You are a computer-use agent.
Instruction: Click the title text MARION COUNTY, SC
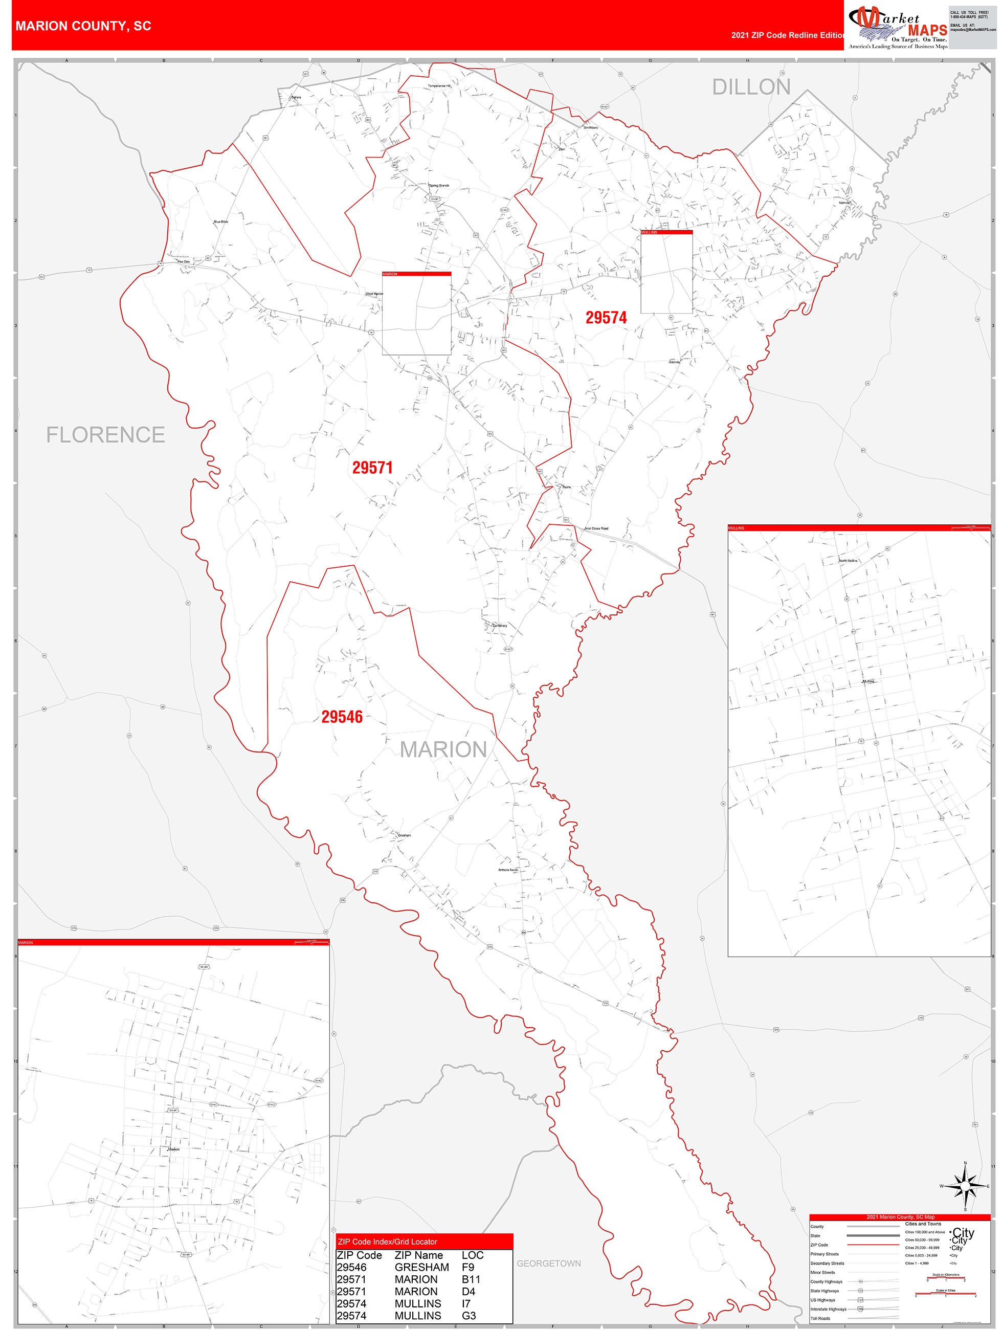point(83,26)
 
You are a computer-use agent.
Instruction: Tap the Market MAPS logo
point(897,27)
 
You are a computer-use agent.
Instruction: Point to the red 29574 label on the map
point(606,318)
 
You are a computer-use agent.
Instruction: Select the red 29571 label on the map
point(372,467)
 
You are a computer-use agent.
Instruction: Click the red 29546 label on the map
point(342,717)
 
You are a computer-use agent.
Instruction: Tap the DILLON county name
point(751,87)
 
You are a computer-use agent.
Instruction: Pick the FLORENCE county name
point(106,435)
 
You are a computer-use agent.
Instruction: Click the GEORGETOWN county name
point(548,1263)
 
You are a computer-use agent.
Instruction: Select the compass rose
point(965,1186)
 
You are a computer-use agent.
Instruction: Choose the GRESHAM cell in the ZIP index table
point(421,1267)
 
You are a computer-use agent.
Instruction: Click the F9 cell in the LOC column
point(468,1267)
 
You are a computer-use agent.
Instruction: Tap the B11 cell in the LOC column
point(471,1279)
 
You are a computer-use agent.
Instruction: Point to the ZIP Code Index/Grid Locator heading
point(387,1242)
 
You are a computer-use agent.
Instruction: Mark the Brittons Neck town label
point(507,870)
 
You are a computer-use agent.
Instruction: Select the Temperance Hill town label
point(439,86)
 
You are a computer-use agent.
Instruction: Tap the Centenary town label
point(500,625)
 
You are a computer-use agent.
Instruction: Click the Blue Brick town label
point(220,221)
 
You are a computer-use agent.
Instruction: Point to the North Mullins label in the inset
point(848,560)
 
